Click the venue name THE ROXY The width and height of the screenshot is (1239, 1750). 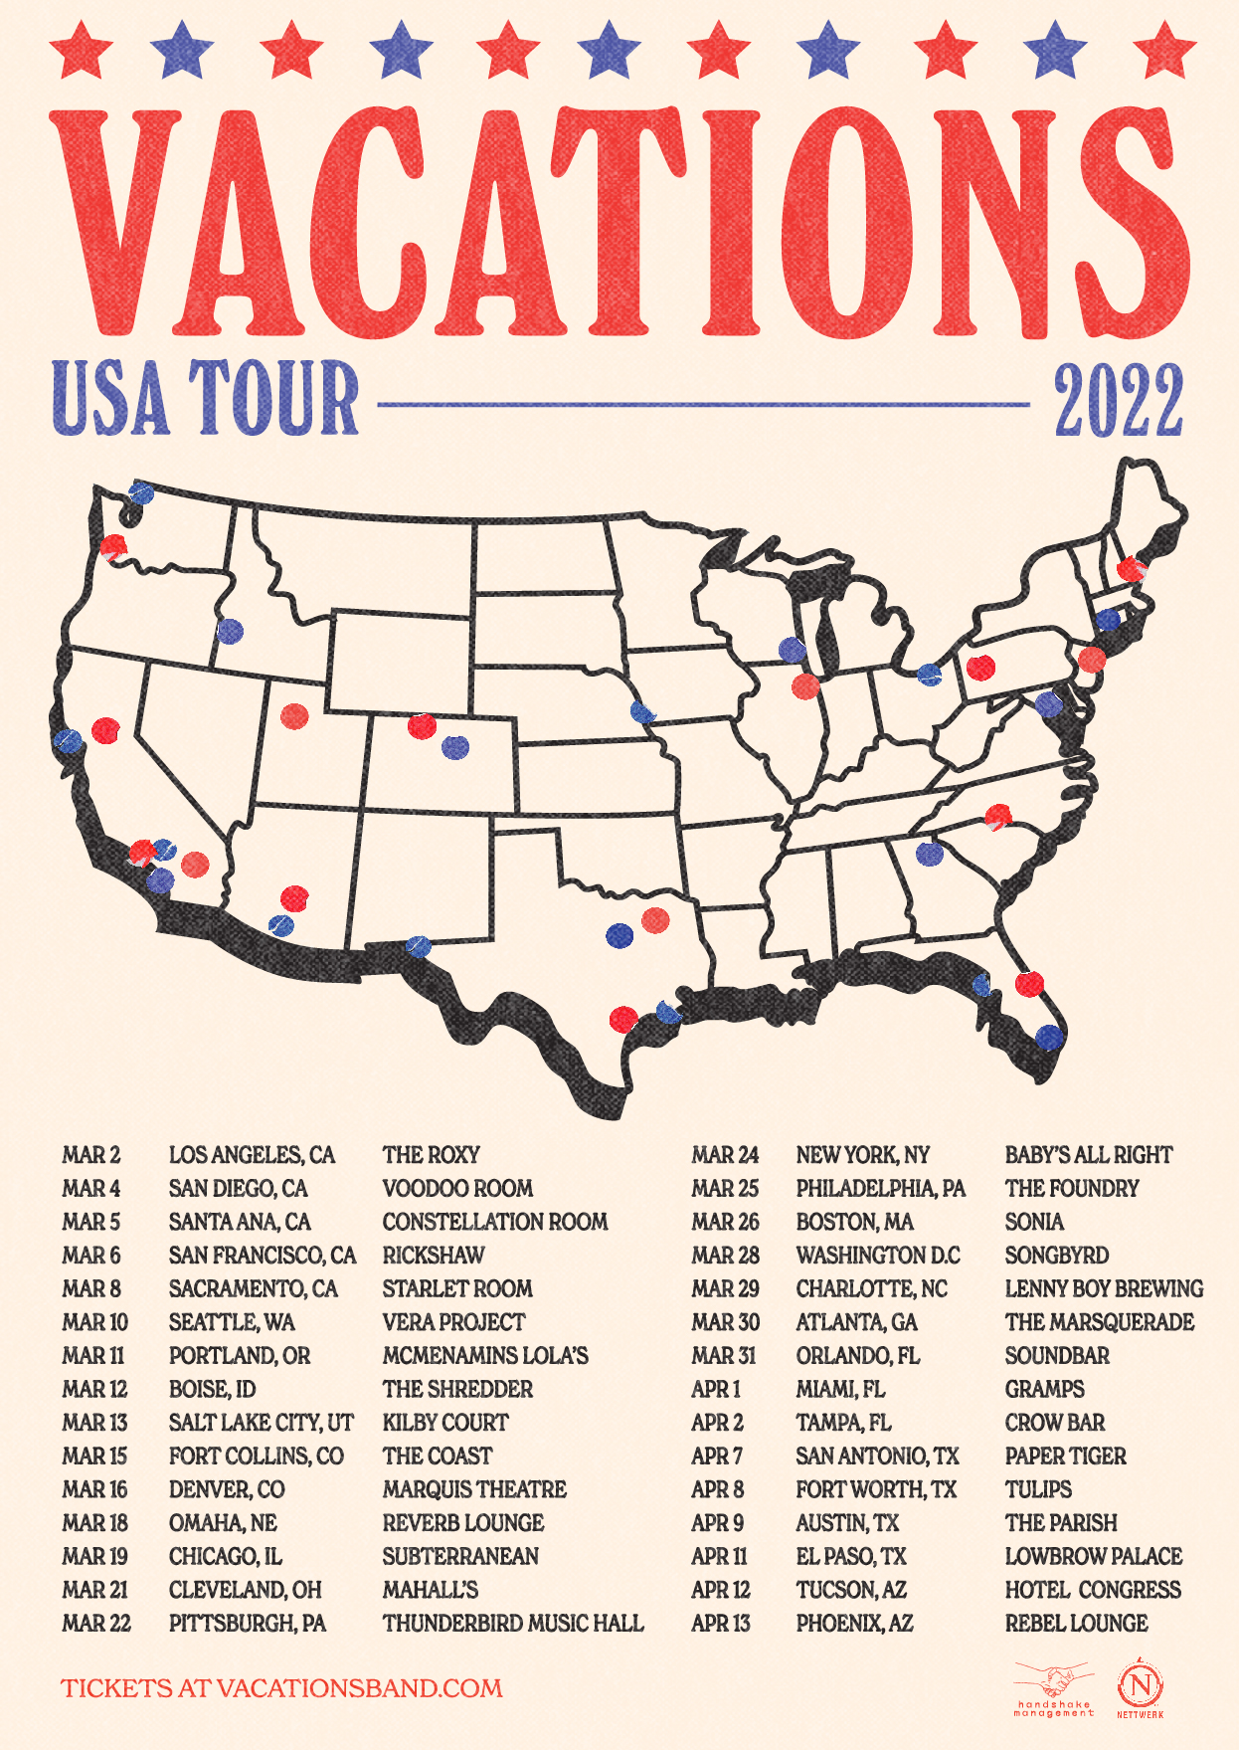(x=431, y=1155)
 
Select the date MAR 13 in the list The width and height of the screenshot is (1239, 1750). (x=94, y=1423)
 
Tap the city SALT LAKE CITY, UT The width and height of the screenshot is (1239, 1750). (x=261, y=1423)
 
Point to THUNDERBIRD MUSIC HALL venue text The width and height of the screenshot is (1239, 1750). (x=513, y=1624)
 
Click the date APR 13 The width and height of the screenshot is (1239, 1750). (x=721, y=1624)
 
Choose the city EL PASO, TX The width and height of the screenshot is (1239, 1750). (x=851, y=1557)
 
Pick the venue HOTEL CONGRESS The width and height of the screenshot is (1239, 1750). (x=1093, y=1590)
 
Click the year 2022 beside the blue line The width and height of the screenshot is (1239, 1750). (x=1119, y=401)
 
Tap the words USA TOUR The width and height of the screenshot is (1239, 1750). (x=206, y=399)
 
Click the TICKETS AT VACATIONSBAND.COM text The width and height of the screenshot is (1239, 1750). (x=281, y=1688)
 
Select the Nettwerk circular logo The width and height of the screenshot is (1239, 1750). (x=1140, y=1687)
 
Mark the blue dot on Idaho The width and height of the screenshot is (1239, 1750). (x=230, y=632)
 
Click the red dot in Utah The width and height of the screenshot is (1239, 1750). (x=294, y=716)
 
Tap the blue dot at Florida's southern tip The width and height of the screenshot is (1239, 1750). (x=1049, y=1038)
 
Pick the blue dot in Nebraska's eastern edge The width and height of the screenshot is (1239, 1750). (x=642, y=712)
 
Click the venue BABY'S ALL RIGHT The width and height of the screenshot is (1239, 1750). (x=1089, y=1155)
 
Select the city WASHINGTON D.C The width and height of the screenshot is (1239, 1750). (x=878, y=1256)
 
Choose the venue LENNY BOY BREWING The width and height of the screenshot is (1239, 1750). (x=1104, y=1289)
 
